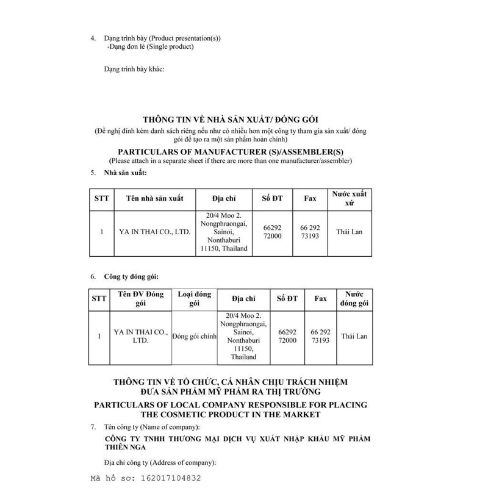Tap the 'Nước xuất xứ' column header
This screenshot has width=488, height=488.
tap(349, 198)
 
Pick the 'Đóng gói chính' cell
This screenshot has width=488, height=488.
tap(194, 336)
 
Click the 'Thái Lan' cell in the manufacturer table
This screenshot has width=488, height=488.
tap(349, 232)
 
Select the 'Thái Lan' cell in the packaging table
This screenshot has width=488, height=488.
tap(354, 336)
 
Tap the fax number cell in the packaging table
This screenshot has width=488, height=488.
tap(320, 336)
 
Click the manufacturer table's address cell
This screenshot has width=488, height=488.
tap(224, 232)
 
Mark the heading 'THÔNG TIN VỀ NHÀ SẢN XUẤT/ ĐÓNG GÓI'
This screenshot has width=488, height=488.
tap(230, 120)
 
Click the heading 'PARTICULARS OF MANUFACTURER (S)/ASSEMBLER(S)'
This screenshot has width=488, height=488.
tap(230, 150)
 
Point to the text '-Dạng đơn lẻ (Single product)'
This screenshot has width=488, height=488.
tap(150, 46)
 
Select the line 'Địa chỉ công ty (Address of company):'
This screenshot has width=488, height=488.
tap(160, 462)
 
